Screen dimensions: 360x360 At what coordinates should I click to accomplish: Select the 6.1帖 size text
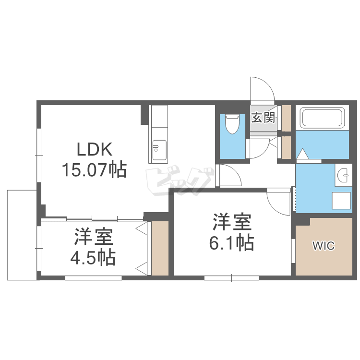[x=231, y=244]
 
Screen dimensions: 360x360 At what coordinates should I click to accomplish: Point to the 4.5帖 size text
[x=93, y=258]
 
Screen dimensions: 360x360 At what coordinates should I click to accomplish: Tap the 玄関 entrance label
[x=263, y=117]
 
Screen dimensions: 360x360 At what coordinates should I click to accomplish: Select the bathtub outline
[x=322, y=118]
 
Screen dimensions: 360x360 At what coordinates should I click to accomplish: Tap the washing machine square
[x=342, y=201]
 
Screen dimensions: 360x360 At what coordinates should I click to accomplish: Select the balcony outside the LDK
[x=22, y=235]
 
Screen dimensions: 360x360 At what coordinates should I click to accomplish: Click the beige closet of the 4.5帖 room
[x=160, y=248]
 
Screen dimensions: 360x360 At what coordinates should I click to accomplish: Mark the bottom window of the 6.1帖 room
[x=231, y=277]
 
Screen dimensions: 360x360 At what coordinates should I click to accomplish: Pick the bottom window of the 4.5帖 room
[x=93, y=277]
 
